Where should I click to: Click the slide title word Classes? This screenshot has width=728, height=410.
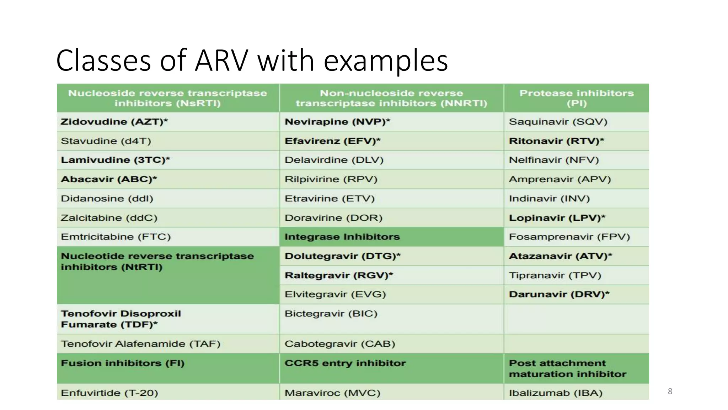click(x=103, y=61)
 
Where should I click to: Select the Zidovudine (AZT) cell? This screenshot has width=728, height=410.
click(x=114, y=122)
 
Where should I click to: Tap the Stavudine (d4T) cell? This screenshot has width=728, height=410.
click(x=106, y=141)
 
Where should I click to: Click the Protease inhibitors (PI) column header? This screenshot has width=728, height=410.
click(x=576, y=98)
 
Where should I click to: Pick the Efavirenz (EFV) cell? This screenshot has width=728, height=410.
click(x=332, y=141)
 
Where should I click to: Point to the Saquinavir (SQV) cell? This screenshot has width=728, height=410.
click(x=558, y=122)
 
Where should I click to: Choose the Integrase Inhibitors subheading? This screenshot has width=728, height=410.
click(x=342, y=237)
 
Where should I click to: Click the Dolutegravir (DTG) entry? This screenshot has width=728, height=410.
click(x=342, y=256)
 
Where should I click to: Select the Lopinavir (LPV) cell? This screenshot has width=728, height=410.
click(x=557, y=218)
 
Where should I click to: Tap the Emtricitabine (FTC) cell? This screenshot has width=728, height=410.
click(x=116, y=237)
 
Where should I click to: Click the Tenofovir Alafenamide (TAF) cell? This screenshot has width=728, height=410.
click(x=140, y=344)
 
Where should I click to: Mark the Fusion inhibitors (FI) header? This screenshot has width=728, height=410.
click(x=123, y=363)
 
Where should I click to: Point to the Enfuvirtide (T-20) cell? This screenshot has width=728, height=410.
click(x=109, y=393)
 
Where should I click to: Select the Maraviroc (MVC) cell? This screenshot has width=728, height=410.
click(x=332, y=393)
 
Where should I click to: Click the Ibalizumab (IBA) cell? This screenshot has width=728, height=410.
click(x=556, y=393)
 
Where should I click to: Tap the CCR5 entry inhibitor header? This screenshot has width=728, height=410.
click(x=345, y=363)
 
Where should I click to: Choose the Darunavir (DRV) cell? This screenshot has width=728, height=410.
click(x=559, y=294)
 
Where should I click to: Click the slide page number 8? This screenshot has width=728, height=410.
click(x=670, y=391)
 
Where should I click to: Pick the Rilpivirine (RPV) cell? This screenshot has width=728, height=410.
click(x=331, y=179)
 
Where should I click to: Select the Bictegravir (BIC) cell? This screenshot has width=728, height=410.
click(x=331, y=314)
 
